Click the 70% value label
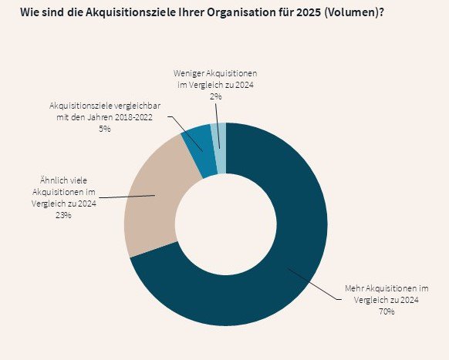tap(387, 311)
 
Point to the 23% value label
tap(63, 215)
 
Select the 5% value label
tap(104, 129)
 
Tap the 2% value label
tap(215, 96)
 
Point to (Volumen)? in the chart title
tap(354, 12)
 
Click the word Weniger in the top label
tap(188, 73)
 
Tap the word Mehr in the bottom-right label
tap(355, 288)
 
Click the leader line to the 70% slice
tap(315, 284)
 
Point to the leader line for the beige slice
tap(127, 197)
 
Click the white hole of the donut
tap(226, 224)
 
